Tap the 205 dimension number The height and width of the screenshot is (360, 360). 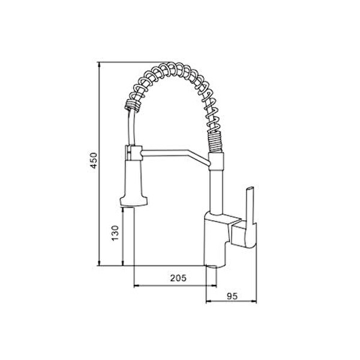point(178,278)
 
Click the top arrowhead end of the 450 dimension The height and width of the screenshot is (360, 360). point(100,64)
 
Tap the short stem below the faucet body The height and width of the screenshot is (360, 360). point(212,273)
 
